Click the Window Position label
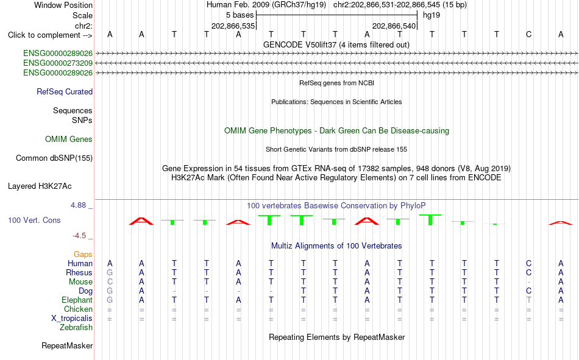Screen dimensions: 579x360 (x=63, y=5)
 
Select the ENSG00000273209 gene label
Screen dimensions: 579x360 (x=58, y=63)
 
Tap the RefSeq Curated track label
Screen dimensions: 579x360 (x=65, y=91)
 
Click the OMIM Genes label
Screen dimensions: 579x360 (x=69, y=139)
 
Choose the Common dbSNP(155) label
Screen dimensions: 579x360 (x=54, y=158)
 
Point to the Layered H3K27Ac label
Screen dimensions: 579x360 (x=40, y=186)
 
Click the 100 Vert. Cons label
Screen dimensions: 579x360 (x=34, y=221)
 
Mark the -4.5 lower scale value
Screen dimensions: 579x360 (x=79, y=236)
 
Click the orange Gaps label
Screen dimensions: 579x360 (x=83, y=254)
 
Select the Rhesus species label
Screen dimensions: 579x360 (x=79, y=272)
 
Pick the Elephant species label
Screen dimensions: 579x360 (x=77, y=300)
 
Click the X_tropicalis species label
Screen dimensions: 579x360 (x=72, y=319)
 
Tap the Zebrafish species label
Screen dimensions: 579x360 (x=76, y=328)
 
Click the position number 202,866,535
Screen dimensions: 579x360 (x=233, y=26)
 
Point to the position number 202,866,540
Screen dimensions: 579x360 (x=394, y=26)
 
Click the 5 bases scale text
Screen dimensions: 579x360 (x=240, y=15)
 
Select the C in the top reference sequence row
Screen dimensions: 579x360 (x=529, y=35)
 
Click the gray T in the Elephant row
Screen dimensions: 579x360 (x=529, y=300)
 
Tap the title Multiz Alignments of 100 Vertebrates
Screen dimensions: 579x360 (x=336, y=246)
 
